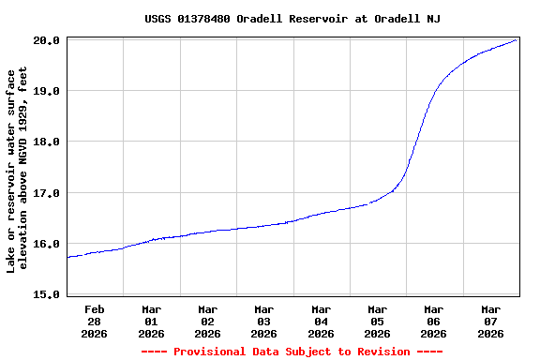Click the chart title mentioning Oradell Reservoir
pyautogui.click(x=292, y=19)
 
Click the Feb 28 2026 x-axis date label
pyautogui.click(x=95, y=321)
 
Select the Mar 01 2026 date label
pyautogui.click(x=151, y=321)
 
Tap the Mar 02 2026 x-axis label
pyautogui.click(x=207, y=321)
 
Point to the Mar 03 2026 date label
pyautogui.click(x=264, y=321)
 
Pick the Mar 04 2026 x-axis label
pyautogui.click(x=321, y=321)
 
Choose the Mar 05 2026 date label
pyautogui.click(x=377, y=321)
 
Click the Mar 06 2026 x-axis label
pyautogui.click(x=433, y=321)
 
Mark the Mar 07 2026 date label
pyautogui.click(x=490, y=321)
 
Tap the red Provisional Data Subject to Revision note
pyautogui.click(x=292, y=352)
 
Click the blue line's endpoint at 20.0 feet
pyautogui.click(x=517, y=40)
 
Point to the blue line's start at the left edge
pyautogui.click(x=67, y=257)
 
